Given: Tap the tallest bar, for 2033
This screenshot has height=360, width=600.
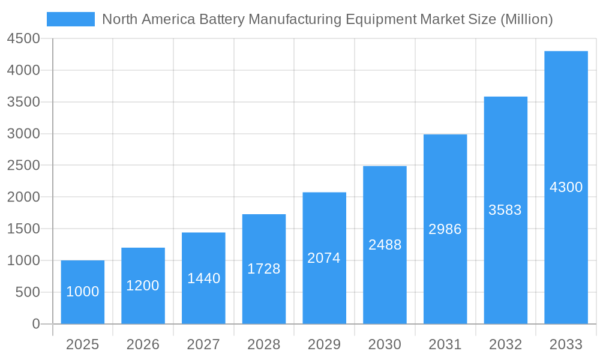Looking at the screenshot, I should point(566,150).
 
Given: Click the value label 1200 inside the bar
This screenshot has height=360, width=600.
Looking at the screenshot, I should point(143,286).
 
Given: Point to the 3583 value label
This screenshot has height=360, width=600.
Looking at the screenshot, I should point(505,210).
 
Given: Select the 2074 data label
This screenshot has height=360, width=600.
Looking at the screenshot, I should point(324,258).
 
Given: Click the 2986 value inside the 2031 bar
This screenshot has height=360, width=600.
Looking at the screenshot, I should point(445,229).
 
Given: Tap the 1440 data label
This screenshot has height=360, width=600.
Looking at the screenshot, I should point(204,278).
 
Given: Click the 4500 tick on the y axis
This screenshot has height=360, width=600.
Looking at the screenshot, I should point(23,39).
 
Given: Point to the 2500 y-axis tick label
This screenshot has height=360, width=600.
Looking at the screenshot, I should point(23,166).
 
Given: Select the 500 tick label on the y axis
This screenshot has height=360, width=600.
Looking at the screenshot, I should point(27,292).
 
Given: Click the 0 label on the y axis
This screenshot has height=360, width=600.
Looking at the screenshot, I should point(35,324).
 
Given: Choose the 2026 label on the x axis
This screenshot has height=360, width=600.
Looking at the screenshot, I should point(143,345).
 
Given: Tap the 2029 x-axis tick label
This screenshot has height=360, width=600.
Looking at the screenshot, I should point(324,345).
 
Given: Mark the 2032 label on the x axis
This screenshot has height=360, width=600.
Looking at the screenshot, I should point(505,345).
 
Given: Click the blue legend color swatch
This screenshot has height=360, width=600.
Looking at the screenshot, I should point(71,19).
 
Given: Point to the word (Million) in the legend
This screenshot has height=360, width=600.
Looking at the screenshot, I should point(526,19).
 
